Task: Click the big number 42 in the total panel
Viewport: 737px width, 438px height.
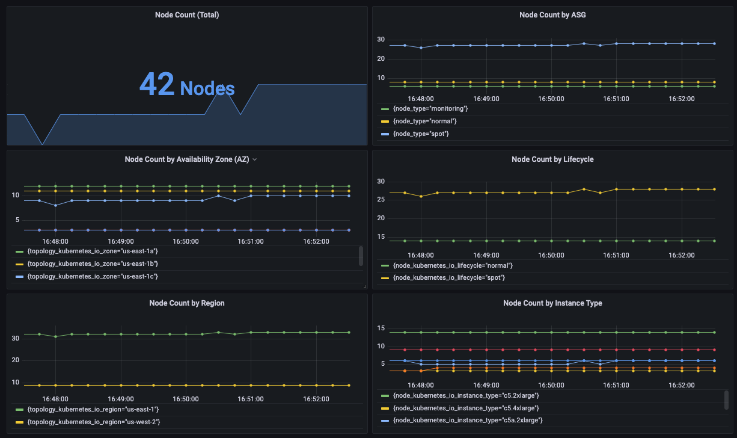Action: pyautogui.click(x=157, y=84)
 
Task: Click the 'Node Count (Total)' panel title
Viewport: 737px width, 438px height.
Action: pyautogui.click(x=187, y=15)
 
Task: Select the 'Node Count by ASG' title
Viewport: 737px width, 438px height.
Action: pyautogui.click(x=552, y=15)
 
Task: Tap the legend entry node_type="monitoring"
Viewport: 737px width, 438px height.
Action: pyautogui.click(x=430, y=108)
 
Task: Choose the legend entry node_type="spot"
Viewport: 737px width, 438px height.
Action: pyautogui.click(x=421, y=134)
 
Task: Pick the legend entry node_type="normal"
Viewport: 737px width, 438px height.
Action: pyautogui.click(x=424, y=121)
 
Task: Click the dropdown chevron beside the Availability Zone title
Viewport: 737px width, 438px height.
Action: pyautogui.click(x=255, y=159)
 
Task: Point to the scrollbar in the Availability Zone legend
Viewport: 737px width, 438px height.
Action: pyautogui.click(x=361, y=256)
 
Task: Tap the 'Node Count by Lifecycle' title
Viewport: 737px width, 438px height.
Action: pyautogui.click(x=552, y=159)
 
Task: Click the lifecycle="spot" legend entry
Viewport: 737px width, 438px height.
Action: pyautogui.click(x=448, y=277)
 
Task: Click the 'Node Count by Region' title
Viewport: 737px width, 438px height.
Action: pyautogui.click(x=187, y=303)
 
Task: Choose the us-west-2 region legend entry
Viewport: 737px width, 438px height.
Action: pyautogui.click(x=94, y=422)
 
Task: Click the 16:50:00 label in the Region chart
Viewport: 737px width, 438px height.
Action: pyautogui.click(x=186, y=398)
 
